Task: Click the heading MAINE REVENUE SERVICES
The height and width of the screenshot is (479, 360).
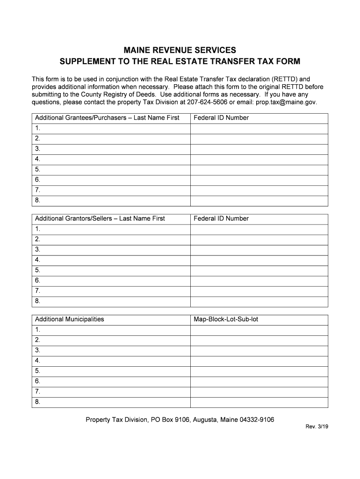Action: tap(180, 50)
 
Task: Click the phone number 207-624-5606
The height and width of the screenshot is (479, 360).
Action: tap(207, 102)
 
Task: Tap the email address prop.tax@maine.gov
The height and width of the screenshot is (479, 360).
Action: tap(287, 102)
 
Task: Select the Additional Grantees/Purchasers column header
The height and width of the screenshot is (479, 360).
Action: tap(107, 118)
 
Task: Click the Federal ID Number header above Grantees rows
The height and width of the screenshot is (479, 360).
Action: tap(221, 118)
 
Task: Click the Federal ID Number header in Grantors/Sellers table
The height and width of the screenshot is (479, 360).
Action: tap(221, 218)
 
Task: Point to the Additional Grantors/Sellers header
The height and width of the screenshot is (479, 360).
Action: tap(100, 218)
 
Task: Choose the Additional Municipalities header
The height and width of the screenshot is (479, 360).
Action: tap(70, 319)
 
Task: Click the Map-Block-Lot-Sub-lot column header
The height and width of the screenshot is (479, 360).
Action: tap(226, 319)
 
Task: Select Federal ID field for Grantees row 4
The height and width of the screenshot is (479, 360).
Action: tap(259, 159)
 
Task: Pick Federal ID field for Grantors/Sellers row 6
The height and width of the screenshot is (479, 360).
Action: tap(259, 281)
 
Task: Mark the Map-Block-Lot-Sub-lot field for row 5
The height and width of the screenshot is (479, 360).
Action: tap(259, 371)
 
